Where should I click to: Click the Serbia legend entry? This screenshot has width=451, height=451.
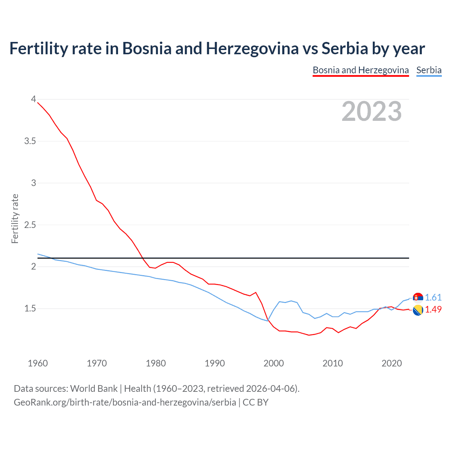point(429,70)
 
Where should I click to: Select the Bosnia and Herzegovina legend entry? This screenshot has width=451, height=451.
point(360,70)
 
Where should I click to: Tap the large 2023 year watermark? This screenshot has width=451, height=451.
point(372,111)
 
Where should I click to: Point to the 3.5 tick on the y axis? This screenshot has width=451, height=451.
point(30,141)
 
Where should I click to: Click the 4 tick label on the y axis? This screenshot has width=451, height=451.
point(33,99)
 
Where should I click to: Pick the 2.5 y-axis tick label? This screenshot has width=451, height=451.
point(30,225)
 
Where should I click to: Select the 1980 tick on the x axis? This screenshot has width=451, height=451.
point(156,363)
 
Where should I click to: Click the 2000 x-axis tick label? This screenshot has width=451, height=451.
point(274,363)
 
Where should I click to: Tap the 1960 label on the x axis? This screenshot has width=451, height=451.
point(38,363)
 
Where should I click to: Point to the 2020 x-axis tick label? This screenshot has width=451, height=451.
point(391,363)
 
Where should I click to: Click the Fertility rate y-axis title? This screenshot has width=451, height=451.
point(15,218)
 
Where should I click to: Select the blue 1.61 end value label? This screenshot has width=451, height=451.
point(433,297)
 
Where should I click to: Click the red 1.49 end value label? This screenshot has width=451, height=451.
point(433,309)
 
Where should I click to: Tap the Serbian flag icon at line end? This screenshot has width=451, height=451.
point(418,298)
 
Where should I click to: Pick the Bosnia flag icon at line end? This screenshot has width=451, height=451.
point(418,310)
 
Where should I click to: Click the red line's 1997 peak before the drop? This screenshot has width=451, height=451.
point(256,292)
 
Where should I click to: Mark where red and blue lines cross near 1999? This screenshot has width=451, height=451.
point(268,320)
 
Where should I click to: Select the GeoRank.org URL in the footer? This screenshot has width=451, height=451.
point(125,402)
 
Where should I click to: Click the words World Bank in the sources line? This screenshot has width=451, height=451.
point(94,389)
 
